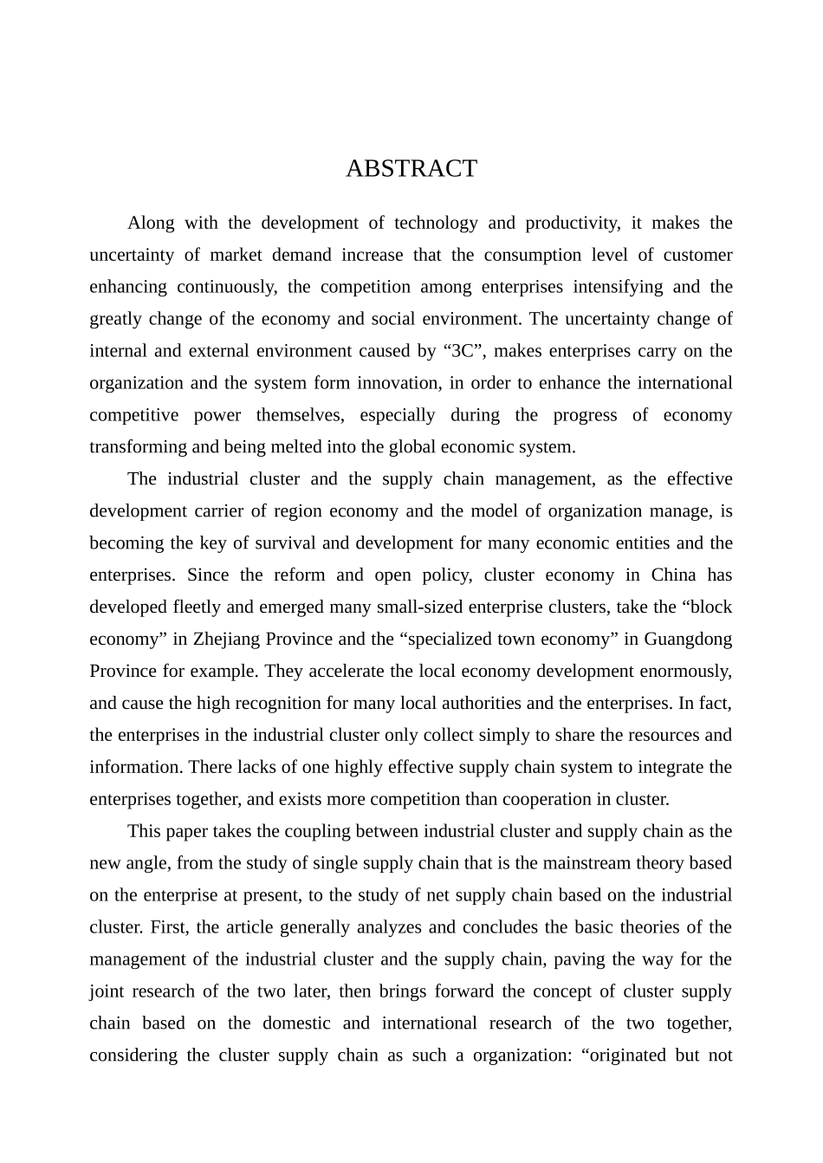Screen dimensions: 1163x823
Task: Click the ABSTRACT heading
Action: pyautogui.click(x=411, y=168)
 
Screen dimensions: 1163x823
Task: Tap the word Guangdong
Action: pyautogui.click(x=689, y=640)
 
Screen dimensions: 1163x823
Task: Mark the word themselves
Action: pyautogui.click(x=299, y=415)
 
